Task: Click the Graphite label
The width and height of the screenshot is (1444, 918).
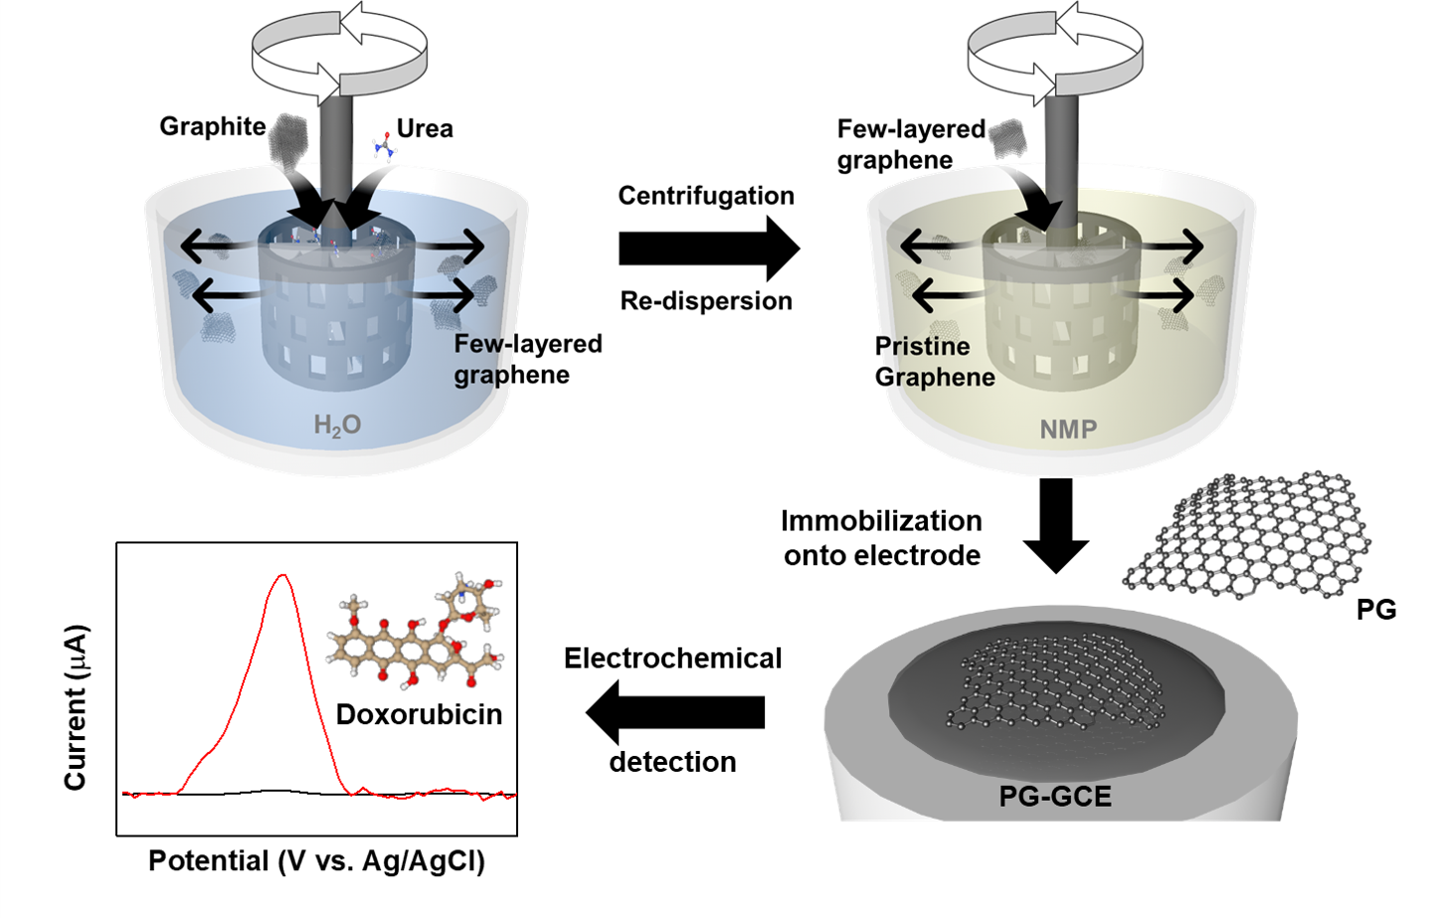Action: click(212, 126)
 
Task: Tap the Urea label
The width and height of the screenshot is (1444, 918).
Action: click(425, 128)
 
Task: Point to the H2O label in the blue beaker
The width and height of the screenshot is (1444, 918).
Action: click(337, 426)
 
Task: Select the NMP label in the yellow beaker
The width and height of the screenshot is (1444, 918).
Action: click(1068, 430)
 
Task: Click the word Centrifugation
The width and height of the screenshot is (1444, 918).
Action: click(706, 196)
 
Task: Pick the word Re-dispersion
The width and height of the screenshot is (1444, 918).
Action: click(706, 300)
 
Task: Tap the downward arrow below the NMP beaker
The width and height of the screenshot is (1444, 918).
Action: click(1056, 524)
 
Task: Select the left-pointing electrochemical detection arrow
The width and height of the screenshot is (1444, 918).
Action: click(676, 712)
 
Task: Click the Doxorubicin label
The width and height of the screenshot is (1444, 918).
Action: click(419, 714)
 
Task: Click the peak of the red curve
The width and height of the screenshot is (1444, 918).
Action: click(284, 576)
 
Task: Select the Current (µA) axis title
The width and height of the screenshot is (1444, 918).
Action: click(76, 707)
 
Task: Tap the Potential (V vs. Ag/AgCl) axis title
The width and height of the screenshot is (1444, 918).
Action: click(316, 860)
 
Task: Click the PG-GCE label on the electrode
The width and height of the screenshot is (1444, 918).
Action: click(1055, 796)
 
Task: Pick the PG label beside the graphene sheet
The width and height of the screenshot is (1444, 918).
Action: click(1376, 609)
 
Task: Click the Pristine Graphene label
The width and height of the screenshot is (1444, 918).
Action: click(934, 361)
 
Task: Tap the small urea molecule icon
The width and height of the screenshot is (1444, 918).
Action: click(383, 146)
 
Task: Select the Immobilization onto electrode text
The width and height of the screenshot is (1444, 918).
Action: click(881, 538)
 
